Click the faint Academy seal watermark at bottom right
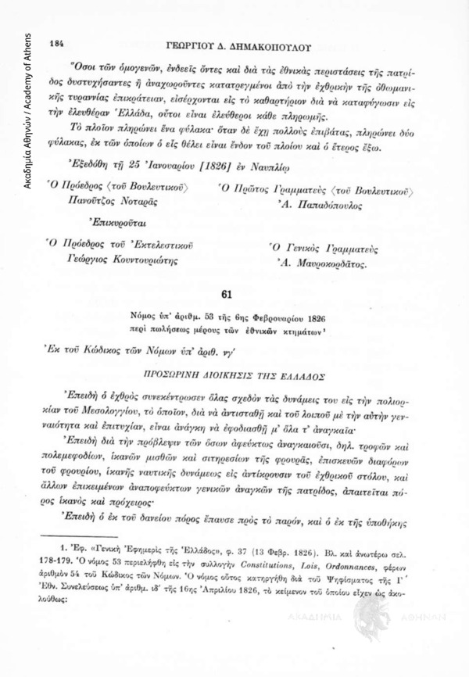click(x=391, y=625)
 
